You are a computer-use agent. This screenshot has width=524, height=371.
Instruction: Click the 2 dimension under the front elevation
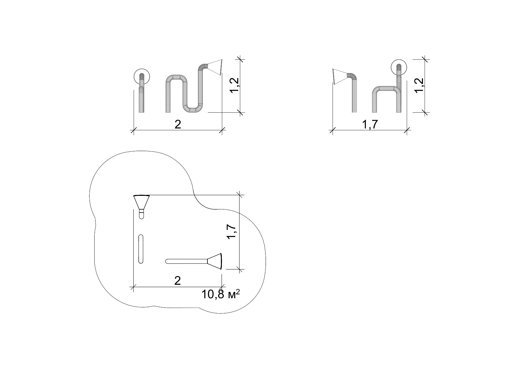[x=178, y=125]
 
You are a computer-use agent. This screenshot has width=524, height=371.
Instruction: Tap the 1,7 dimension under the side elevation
[x=370, y=125]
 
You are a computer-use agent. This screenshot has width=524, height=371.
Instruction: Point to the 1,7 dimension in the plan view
[x=232, y=232]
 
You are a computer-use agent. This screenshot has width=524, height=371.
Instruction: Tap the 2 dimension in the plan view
[x=178, y=281]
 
